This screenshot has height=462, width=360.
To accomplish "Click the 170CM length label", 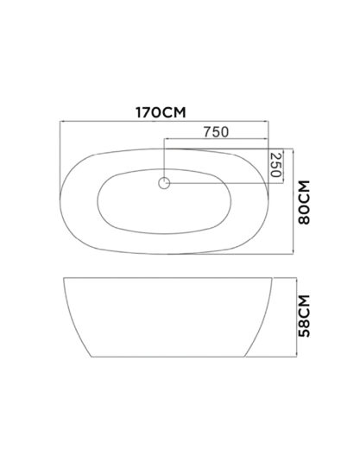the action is tap(161, 112).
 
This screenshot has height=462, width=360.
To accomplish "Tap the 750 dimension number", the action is tap(216, 132).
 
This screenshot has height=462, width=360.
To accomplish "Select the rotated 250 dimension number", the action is tap(275, 165).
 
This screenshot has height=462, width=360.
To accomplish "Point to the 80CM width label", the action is tap(305, 202).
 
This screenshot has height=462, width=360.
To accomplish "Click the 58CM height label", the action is tap(305, 316).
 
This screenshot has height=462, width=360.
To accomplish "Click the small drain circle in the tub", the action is tap(164, 183).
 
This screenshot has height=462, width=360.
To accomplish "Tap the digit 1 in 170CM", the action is tap(138, 112).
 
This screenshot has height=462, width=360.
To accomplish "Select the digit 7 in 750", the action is tap(208, 132).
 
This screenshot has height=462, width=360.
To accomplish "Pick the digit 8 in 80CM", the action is tap(305, 220).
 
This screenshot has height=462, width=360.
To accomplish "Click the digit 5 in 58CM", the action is tap(305, 333).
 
